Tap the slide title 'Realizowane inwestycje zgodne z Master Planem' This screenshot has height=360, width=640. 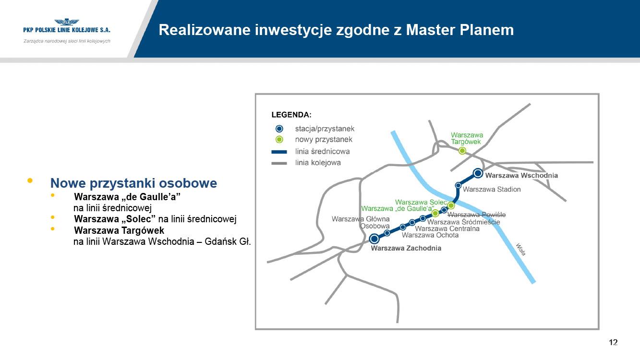tap(336, 30)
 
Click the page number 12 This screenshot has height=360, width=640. tap(613, 342)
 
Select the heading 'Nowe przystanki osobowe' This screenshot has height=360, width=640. tap(133, 183)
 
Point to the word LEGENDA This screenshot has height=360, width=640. tap(291, 115)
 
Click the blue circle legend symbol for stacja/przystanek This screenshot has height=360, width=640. tap(279, 129)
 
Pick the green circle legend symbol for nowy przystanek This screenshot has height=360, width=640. tap(279, 139)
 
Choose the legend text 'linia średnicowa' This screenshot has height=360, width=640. tap(322, 151)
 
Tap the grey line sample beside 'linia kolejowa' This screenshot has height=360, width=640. tap(279, 163)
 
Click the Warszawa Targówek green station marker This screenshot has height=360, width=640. tap(462, 151)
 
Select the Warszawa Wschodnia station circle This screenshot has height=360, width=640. tap(478, 173)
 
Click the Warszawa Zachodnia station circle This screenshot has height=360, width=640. tap(374, 239)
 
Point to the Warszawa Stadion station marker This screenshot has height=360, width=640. tap(458, 185)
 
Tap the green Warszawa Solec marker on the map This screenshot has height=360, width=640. tap(451, 205)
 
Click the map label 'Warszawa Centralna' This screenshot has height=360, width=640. tap(447, 228)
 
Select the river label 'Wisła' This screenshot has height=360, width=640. tap(521, 250)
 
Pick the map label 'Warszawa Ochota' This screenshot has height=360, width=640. tap(430, 235)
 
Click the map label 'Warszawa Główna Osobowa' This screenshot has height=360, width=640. tap(361, 223)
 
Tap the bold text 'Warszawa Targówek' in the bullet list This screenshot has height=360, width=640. tap(119, 230)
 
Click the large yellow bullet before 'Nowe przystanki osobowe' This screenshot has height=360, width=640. tap(30, 180)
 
